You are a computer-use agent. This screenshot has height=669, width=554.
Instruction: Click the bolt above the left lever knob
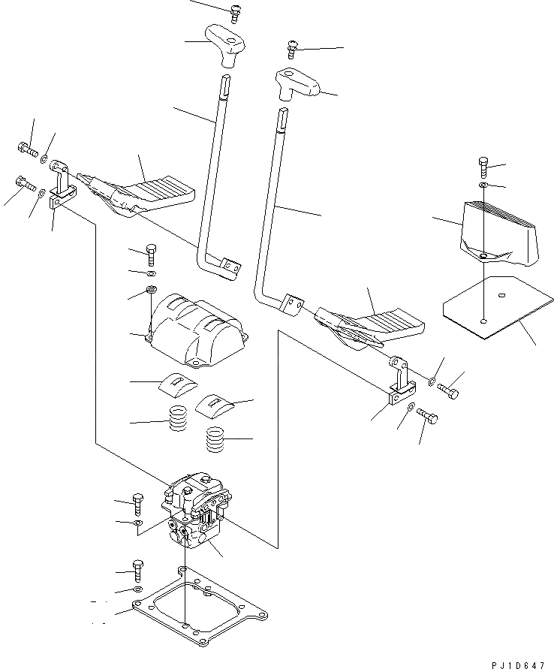[x=236, y=11]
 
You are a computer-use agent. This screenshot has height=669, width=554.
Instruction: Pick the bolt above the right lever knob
[x=293, y=50]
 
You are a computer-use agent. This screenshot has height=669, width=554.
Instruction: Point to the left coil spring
[x=178, y=418]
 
